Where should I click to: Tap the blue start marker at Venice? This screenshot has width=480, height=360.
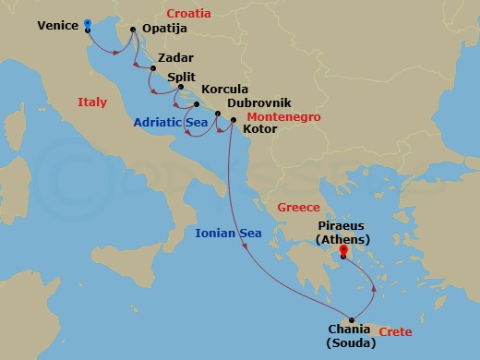click(x=87, y=24)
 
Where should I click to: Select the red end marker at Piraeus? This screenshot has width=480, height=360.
click(x=343, y=249)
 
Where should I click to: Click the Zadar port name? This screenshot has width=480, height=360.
click(x=175, y=57)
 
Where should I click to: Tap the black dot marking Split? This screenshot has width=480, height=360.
click(x=168, y=88)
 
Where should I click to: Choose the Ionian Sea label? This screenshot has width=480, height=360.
click(x=229, y=234)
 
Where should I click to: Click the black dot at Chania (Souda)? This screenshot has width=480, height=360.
click(x=351, y=320)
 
